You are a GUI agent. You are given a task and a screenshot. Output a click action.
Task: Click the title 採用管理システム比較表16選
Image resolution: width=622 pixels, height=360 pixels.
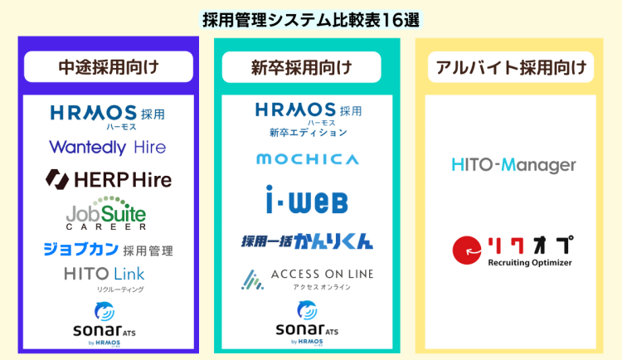pos(311,18)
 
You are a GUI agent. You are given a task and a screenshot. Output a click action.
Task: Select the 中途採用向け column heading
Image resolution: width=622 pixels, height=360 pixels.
pos(108,67)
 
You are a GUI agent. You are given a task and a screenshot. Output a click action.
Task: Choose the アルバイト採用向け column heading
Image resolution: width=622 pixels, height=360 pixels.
pos(510,67)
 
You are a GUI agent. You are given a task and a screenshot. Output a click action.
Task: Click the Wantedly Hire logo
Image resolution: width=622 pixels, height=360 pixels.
pos(107,148)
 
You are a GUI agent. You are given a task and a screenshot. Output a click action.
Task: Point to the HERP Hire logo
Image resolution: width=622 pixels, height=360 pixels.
pos(107,178)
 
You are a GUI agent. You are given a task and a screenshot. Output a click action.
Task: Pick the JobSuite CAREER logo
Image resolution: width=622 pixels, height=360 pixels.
pos(107,214)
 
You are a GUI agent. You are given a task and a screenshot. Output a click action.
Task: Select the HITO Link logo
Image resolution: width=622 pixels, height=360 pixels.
pos(107,275)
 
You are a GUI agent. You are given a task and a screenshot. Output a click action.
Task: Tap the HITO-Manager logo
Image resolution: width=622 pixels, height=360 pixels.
pos(514,165)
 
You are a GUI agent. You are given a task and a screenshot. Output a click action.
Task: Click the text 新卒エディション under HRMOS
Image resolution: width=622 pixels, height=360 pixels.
pos(308,132)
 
